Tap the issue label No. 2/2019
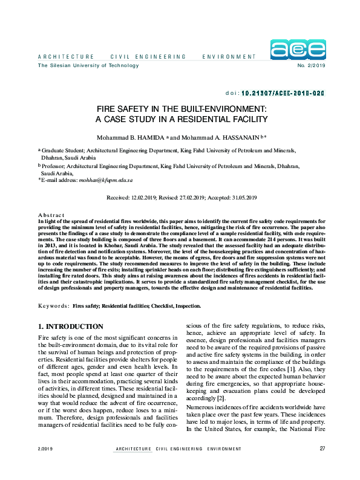tap(312, 65)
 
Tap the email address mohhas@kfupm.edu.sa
tap(106, 180)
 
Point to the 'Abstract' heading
tap(51, 215)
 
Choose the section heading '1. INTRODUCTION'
tap(74, 326)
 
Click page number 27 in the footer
tap(322, 465)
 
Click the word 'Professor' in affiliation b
tap(54, 165)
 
